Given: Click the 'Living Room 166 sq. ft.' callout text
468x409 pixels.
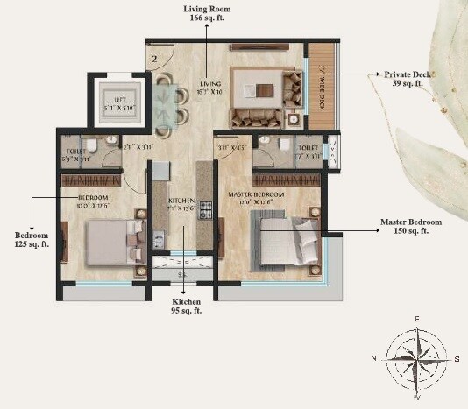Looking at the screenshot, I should click(x=207, y=13).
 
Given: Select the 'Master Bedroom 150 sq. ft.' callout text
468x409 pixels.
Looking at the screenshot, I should click(x=411, y=227).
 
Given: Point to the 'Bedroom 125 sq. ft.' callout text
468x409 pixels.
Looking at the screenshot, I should click(x=31, y=241).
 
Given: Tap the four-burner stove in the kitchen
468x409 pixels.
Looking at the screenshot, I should click(x=207, y=210).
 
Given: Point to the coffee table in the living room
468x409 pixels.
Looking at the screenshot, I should click(x=264, y=88).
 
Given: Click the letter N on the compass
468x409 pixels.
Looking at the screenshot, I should click(x=374, y=358).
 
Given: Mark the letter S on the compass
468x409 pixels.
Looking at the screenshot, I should click(x=457, y=358).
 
